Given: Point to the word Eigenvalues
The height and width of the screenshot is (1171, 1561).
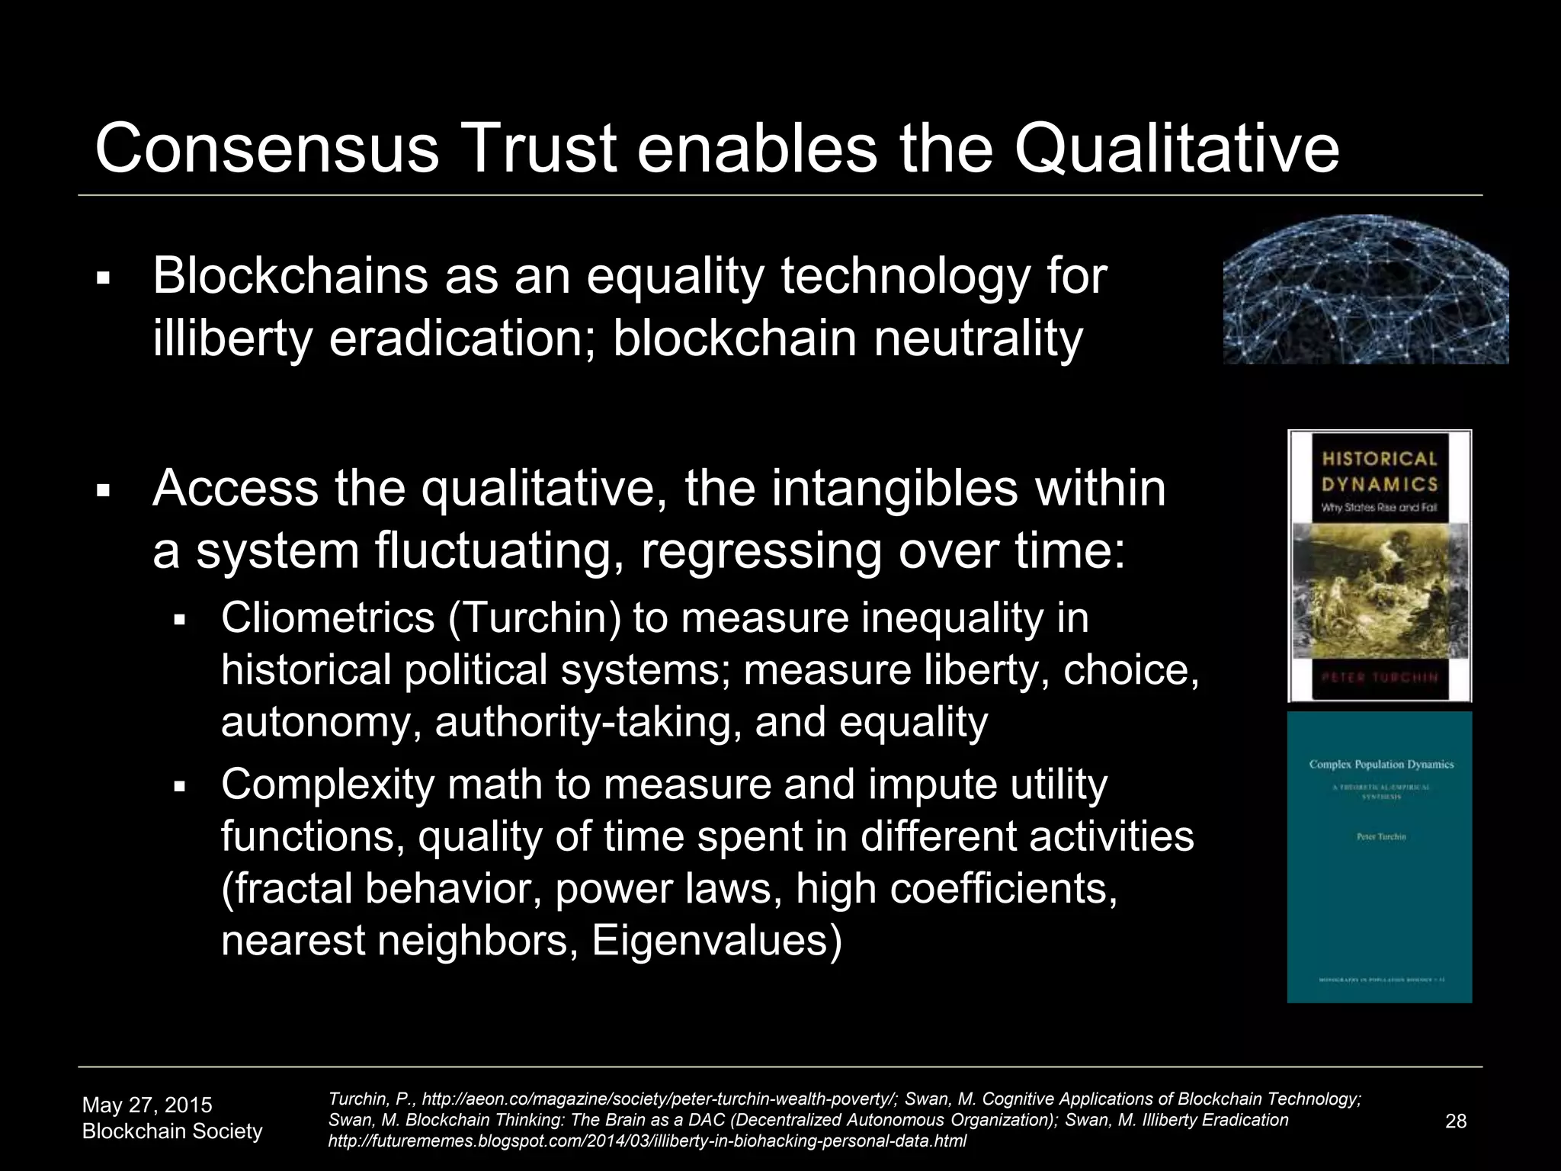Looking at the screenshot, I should tap(716, 940).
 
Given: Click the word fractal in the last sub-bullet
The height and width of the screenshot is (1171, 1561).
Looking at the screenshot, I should tap(288, 888).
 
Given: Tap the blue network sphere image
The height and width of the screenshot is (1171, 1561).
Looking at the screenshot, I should tap(1365, 290).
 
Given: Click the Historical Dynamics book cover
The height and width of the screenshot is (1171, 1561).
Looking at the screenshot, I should tap(1380, 566).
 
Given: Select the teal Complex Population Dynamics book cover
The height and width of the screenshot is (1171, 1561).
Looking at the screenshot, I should tap(1380, 857).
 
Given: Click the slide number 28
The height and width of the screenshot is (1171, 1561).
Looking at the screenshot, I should tap(1456, 1121).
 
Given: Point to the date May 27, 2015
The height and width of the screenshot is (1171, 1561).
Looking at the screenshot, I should tap(147, 1105).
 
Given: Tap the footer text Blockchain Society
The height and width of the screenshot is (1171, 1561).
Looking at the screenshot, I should tap(172, 1131).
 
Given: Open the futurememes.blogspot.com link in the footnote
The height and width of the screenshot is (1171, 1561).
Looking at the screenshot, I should tap(647, 1141).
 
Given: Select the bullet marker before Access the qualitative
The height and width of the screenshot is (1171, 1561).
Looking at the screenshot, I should tap(104, 490).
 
